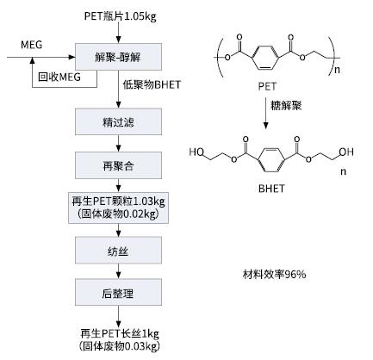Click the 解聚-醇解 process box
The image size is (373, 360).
[118, 57]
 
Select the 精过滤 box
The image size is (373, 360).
[118, 121]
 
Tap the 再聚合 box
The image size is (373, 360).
[118, 165]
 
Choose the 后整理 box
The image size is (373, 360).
[118, 292]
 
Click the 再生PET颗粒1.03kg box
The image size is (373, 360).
[118, 208]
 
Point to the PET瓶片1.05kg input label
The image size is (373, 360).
[121, 16]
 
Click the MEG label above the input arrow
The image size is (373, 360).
[32, 45]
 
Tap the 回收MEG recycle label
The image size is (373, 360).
[59, 77]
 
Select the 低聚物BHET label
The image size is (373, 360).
[152, 84]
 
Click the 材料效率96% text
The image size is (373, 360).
[274, 275]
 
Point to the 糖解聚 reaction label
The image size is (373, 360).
[286, 106]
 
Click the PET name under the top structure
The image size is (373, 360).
[267, 86]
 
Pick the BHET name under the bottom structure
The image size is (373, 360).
[271, 189]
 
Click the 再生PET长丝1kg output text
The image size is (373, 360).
[120, 333]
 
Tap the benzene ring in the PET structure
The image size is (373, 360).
[265, 57]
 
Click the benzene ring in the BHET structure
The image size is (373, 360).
[271, 160]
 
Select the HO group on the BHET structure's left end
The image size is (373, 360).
[196, 152]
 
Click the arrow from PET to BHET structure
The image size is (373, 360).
[266, 113]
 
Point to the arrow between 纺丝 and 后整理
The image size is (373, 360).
[118, 271]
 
